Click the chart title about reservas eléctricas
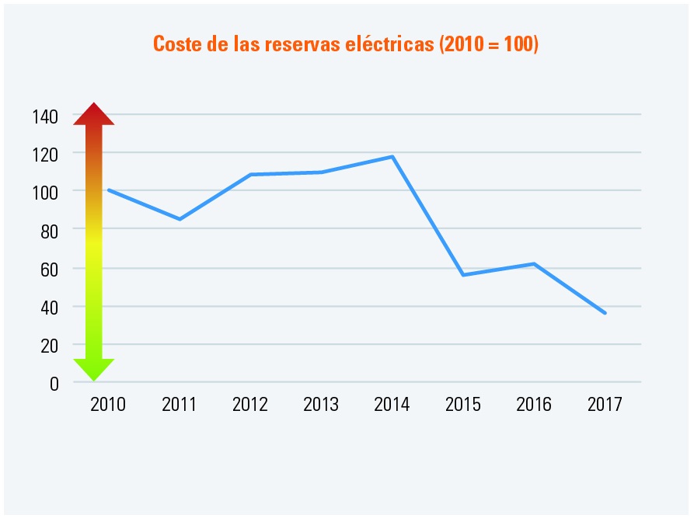click(x=346, y=43)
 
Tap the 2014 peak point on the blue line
click(x=392, y=157)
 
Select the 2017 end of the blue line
click(x=605, y=313)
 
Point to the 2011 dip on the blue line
click(x=180, y=219)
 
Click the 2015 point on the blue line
click(x=463, y=275)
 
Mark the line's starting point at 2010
click(x=109, y=190)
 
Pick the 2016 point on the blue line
click(x=534, y=264)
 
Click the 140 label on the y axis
click(x=45, y=117)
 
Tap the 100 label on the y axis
click(x=45, y=192)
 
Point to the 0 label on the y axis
click(x=54, y=383)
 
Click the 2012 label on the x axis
click(x=250, y=405)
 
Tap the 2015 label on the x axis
click(x=463, y=405)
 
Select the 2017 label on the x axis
click(x=605, y=405)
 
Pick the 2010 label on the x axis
click(x=108, y=405)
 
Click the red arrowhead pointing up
click(x=94, y=114)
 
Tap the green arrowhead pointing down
click(x=94, y=369)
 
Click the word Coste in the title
click(x=177, y=43)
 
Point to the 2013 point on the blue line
click(x=321, y=172)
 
